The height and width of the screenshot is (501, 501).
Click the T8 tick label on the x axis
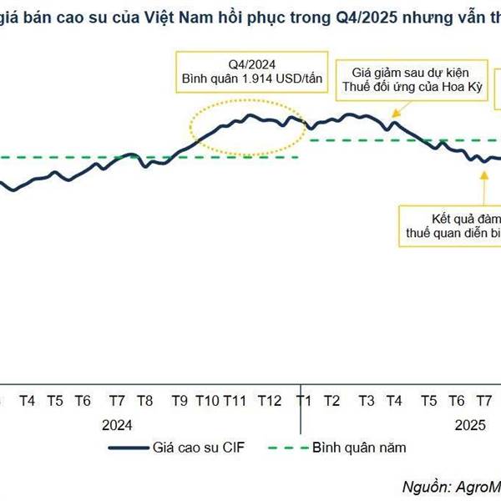(x=144, y=401)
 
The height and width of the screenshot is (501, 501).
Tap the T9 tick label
(x=180, y=401)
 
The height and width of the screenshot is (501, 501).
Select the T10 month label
(x=207, y=401)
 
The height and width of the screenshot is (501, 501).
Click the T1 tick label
(x=305, y=401)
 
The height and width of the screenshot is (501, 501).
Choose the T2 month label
(x=331, y=401)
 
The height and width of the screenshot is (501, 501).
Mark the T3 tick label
(x=366, y=401)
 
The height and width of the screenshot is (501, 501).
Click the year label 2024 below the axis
(x=118, y=424)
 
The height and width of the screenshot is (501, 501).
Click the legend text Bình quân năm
(x=358, y=448)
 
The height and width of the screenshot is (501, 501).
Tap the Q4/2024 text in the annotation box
(x=250, y=63)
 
